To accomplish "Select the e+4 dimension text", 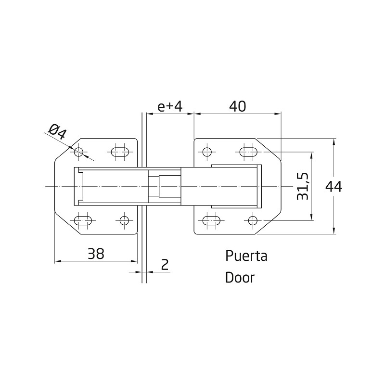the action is pos(170,106).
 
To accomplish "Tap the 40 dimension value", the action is pos(237,106).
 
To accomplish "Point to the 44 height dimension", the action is pos(334,187).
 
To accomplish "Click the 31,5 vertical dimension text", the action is pos(302,186).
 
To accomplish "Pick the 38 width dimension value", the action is pos(96,254).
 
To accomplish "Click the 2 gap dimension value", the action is pos(165,264).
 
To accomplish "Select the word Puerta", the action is pos(246,256).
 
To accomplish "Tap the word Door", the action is pos(240,278).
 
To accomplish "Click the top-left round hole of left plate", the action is pos(79,152).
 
